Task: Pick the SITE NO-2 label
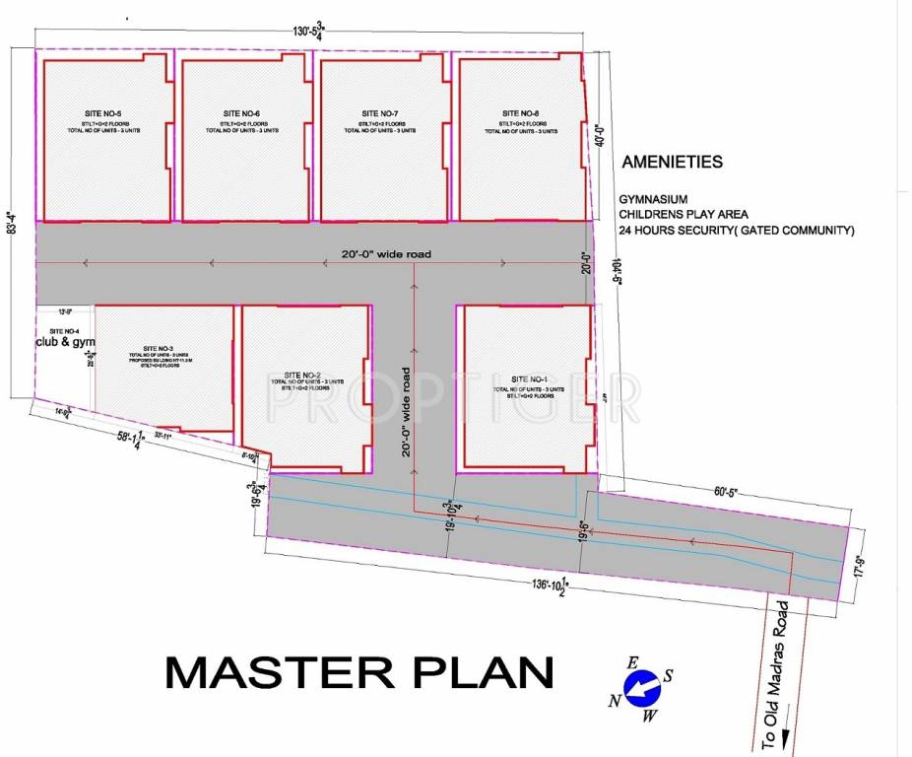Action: click(x=302, y=376)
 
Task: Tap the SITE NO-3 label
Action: click(x=158, y=349)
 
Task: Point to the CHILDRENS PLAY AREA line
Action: click(x=684, y=214)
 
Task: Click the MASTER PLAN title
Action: click(x=358, y=673)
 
